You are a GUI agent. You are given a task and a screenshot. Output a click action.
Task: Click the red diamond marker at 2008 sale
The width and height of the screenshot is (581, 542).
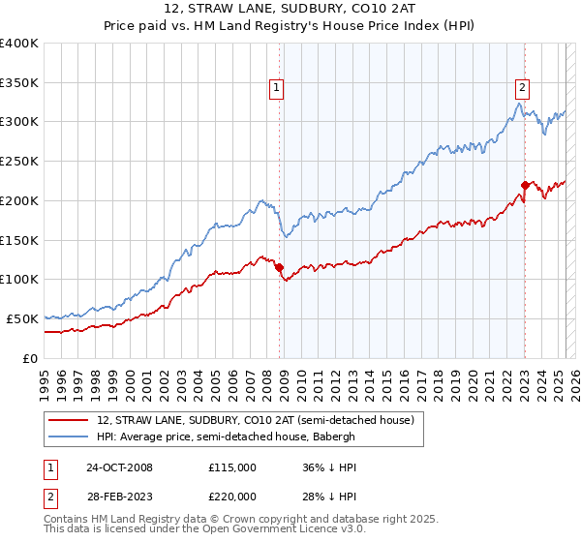280,267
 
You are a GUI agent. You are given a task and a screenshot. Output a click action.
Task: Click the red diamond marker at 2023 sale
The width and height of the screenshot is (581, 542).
525,185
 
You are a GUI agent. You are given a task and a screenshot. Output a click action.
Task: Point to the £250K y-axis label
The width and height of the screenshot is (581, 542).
19,162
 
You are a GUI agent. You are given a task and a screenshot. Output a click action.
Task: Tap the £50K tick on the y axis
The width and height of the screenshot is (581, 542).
22,318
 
